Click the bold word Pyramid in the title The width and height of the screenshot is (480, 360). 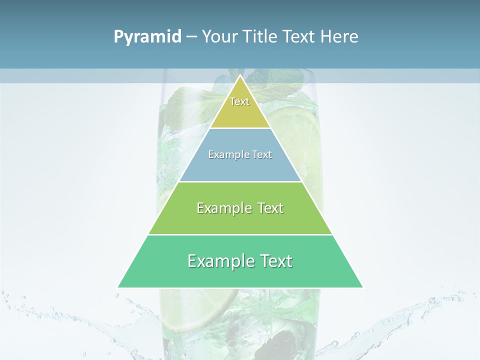coord(147,37)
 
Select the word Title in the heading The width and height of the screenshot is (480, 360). coord(262,37)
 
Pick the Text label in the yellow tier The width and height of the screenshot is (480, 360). coord(239,101)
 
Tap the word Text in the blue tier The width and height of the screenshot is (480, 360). coord(262,155)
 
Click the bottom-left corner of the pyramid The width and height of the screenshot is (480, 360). coord(118,287)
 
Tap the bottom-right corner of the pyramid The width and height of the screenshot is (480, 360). coord(362,287)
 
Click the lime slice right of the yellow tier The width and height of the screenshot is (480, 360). coord(292,125)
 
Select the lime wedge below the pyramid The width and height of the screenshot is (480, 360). coord(210,305)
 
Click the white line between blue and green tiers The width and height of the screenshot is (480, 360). coord(240,181)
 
